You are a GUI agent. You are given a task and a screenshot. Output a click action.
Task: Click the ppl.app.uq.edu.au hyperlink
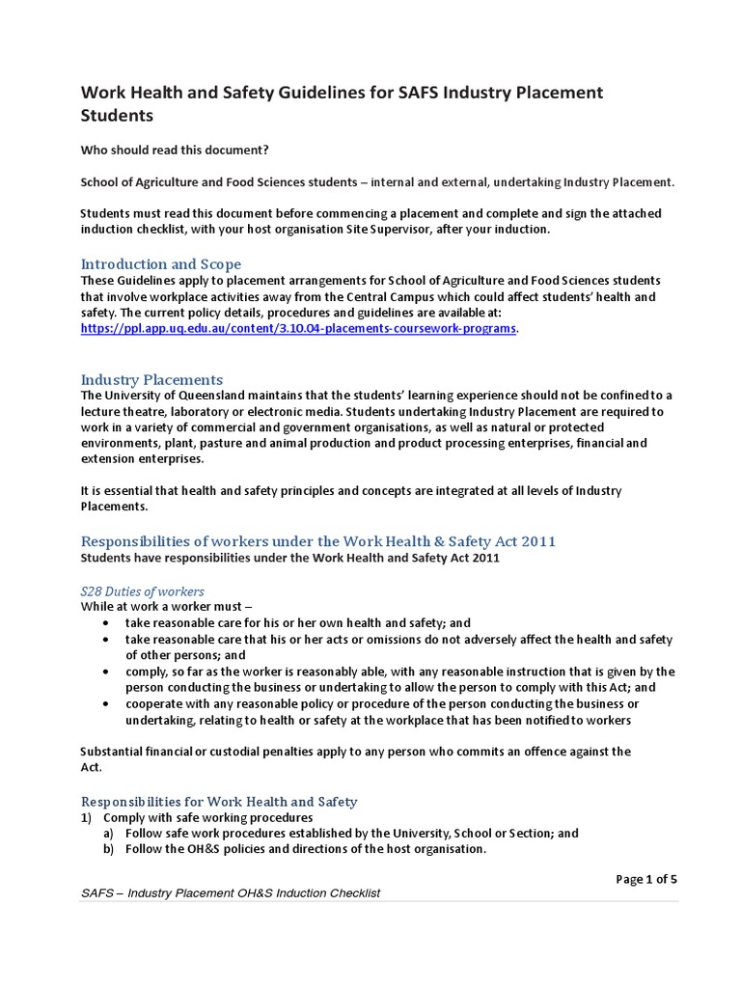click(x=299, y=329)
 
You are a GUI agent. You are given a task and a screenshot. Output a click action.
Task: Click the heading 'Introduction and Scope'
click(x=161, y=263)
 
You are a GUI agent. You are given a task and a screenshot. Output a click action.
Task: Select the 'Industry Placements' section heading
click(x=151, y=379)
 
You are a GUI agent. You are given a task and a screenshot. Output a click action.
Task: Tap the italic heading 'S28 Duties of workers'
click(x=142, y=590)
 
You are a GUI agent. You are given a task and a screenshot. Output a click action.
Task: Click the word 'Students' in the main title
click(x=117, y=116)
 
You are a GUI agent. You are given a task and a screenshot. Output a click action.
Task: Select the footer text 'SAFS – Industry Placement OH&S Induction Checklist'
click(x=232, y=893)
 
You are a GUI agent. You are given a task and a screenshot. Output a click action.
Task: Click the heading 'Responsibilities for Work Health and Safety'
click(x=219, y=802)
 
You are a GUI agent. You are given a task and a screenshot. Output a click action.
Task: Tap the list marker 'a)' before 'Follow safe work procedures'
click(x=109, y=834)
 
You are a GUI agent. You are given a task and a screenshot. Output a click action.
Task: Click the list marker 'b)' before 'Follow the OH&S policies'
click(x=109, y=849)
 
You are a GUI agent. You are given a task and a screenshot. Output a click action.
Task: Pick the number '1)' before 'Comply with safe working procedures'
click(x=87, y=817)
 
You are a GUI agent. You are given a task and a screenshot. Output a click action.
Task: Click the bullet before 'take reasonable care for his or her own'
click(x=104, y=623)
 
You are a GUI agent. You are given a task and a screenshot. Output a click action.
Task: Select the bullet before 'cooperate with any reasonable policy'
click(x=104, y=704)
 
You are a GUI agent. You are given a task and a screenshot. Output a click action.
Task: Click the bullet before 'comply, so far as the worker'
click(x=104, y=672)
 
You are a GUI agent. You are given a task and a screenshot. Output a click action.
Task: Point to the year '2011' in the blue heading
click(x=538, y=541)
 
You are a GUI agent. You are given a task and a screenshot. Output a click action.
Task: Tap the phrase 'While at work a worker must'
click(x=161, y=607)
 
